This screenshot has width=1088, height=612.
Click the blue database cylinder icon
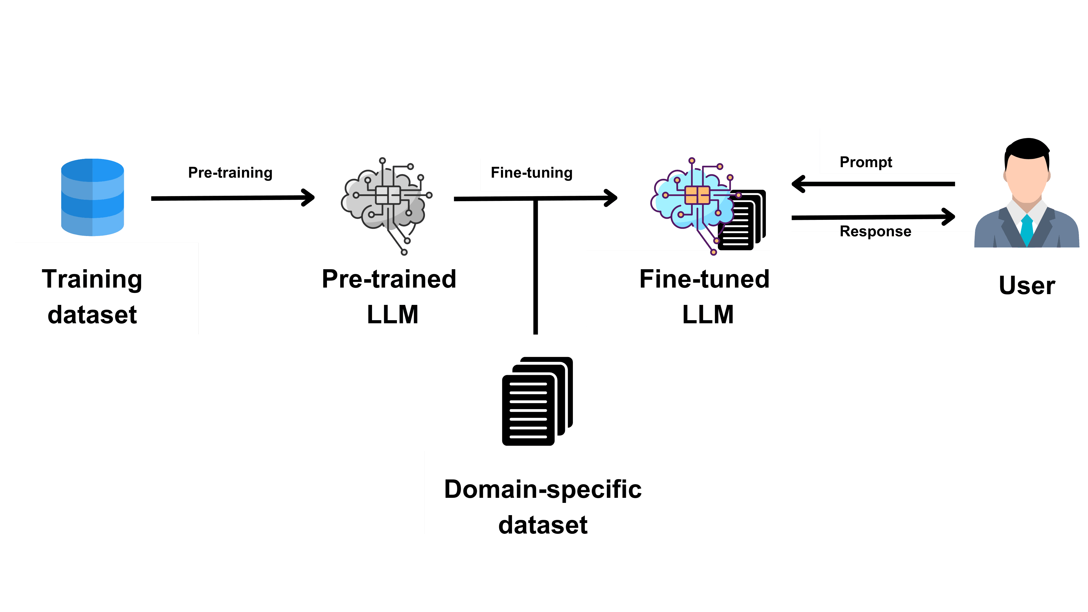click(x=92, y=197)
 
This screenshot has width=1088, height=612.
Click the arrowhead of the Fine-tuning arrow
click(x=612, y=198)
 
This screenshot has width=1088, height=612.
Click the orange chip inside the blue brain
click(x=697, y=195)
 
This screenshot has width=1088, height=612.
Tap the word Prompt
click(x=866, y=162)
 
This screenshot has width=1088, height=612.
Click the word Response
click(x=875, y=231)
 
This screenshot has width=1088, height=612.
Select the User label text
click(x=1027, y=286)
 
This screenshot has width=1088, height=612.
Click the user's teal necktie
click(x=1027, y=230)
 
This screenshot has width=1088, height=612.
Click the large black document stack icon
click(x=536, y=401)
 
